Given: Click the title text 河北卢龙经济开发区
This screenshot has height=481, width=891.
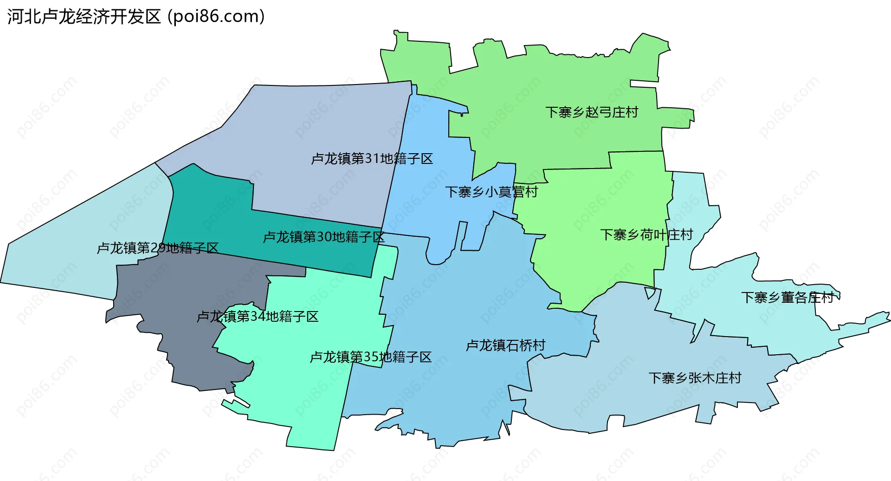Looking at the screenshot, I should pos(84,17).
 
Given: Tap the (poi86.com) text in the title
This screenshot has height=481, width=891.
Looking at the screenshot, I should pos(216,17).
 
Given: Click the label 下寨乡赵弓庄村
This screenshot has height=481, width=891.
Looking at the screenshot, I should pos(592,112).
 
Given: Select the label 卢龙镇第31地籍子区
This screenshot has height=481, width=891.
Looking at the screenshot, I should pos(372,159).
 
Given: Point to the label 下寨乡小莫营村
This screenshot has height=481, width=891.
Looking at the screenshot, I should pos(491,192).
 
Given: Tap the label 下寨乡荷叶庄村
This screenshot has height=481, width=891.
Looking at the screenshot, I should pos(646,235).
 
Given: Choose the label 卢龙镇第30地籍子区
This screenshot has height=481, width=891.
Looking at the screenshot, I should pos(323,237).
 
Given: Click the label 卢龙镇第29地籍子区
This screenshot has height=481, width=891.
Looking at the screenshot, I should pos(157,248).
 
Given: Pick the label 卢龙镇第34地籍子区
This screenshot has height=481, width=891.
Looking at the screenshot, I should pos(258,317).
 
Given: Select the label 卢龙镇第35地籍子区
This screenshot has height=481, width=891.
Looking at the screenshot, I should pos(371,357).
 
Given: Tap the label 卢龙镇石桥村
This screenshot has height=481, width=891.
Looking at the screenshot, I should pos(505,345).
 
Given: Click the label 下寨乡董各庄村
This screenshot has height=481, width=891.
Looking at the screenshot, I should pos(788,298).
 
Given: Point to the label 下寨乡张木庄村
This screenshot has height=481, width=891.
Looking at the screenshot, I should pos(695,378).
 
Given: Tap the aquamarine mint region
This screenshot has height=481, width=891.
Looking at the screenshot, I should pos(302,395).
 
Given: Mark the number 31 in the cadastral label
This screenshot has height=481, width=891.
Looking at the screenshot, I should pos(372,159).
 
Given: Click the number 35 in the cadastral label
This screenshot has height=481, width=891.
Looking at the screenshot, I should pos(371,357).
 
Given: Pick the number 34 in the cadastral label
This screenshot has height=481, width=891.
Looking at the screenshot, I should pos(258,317).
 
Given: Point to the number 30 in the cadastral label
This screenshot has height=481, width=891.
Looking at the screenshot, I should pos(324,237).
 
